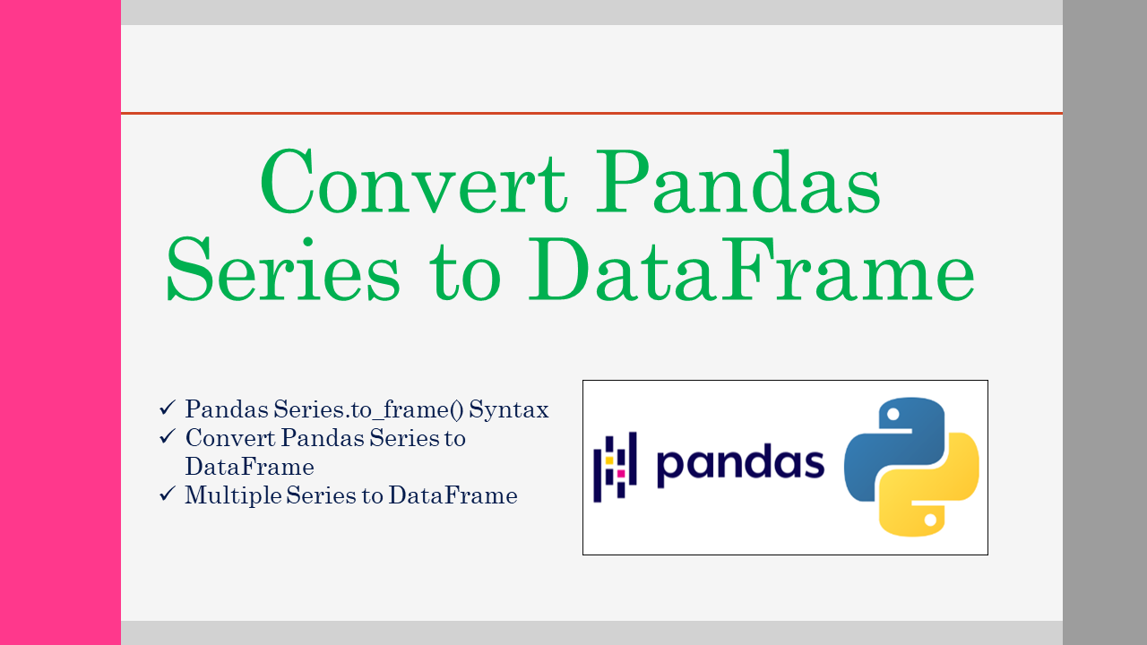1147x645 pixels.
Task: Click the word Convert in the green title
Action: coord(414,182)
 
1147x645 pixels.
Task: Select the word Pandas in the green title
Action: coord(737,182)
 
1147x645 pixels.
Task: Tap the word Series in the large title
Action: coord(282,269)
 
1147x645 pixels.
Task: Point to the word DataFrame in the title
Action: coord(751,269)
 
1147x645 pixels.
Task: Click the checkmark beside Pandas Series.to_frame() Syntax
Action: coord(168,408)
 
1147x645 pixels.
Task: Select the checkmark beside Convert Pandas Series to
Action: coord(168,436)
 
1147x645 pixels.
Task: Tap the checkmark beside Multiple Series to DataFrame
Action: coord(168,494)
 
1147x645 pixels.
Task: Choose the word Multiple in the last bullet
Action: coord(233,495)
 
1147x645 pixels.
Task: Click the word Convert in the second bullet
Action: coord(230,438)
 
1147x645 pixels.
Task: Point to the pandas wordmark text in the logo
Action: coord(740,464)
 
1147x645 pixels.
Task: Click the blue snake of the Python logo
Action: coord(870,451)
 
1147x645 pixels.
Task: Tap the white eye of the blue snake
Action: coord(893,414)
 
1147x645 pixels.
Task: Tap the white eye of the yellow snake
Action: coord(930,520)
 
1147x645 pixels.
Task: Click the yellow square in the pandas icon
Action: coord(608,460)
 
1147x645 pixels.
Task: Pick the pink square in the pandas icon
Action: coord(621,474)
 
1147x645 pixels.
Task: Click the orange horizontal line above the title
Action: coord(591,113)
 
